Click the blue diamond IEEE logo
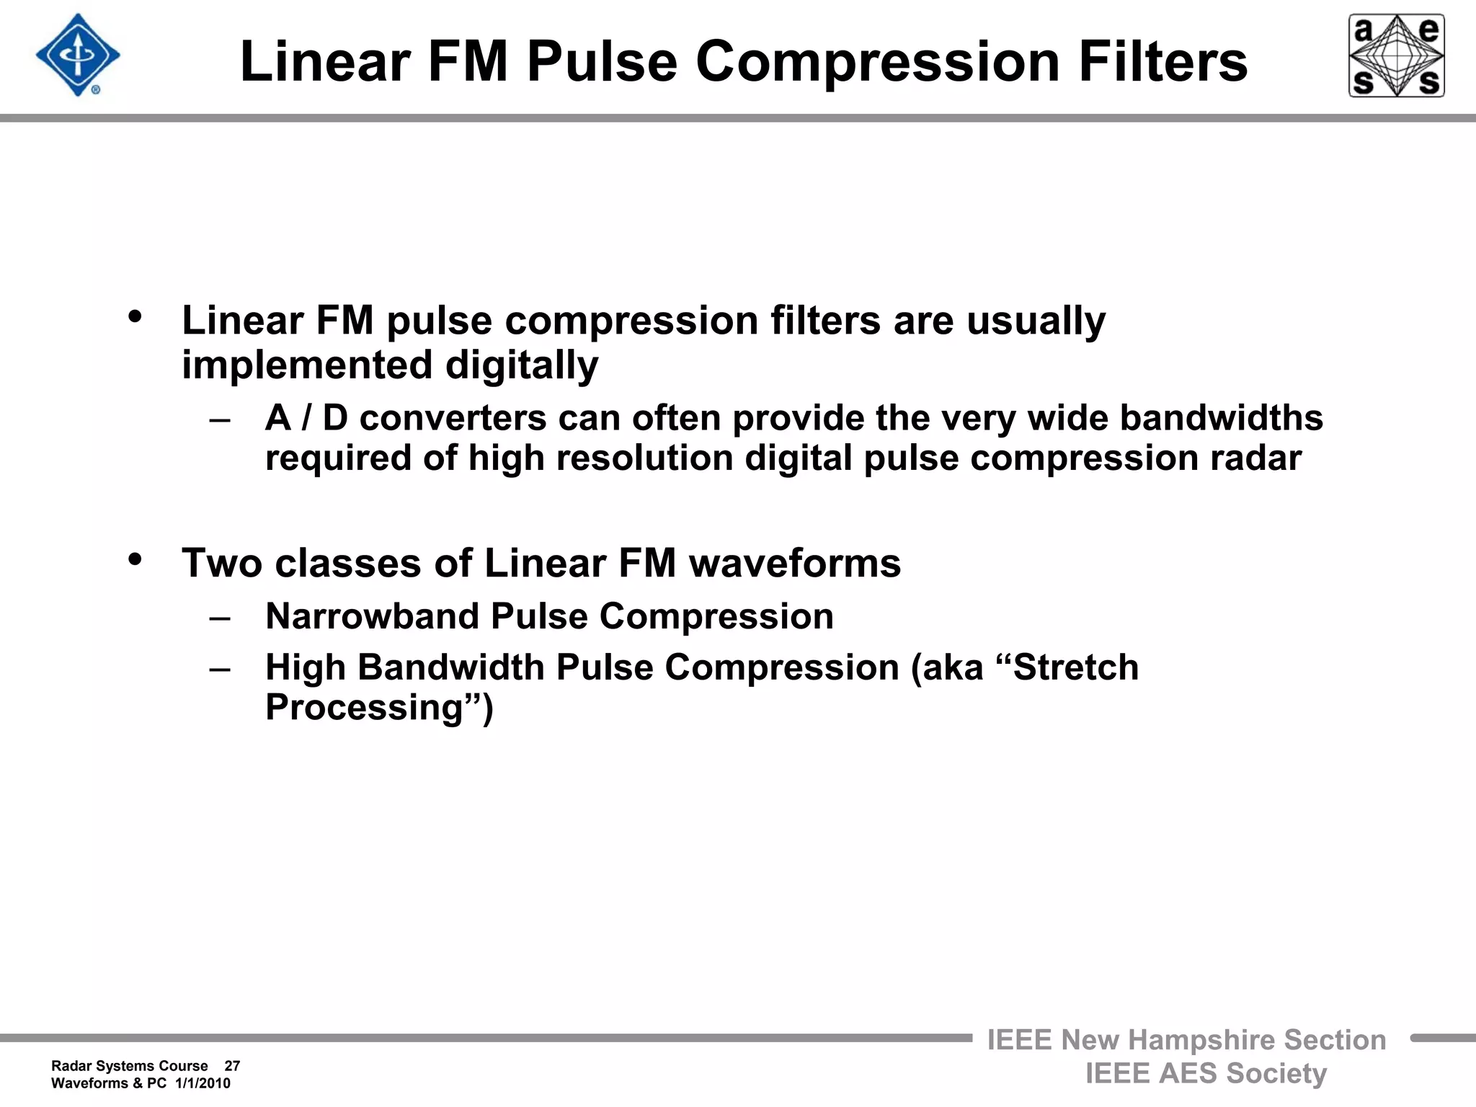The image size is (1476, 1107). pos(78,55)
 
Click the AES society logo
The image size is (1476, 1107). pos(1396,55)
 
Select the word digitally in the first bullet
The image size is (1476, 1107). pos(521,365)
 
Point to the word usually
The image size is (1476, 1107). pos(1036,321)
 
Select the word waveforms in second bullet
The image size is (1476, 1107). pos(795,563)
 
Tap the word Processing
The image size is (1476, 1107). pos(364,708)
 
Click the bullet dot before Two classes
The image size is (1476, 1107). pos(135,559)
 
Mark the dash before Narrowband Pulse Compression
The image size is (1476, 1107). pos(220,618)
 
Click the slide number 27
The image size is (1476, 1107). pos(232,1066)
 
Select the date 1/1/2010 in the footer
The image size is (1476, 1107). pos(203,1083)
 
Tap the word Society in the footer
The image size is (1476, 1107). pos(1276,1073)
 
